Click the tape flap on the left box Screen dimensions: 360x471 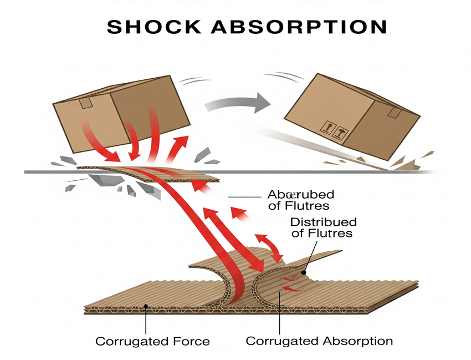tap(86, 103)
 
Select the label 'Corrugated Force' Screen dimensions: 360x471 tap(152, 341)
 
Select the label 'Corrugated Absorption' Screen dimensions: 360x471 tap(319, 341)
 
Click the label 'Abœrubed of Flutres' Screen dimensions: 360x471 tap(300, 200)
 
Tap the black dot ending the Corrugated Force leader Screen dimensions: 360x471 tap(145, 306)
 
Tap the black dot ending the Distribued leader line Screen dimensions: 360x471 tap(304, 272)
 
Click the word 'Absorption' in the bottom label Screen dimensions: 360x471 tap(356, 341)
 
